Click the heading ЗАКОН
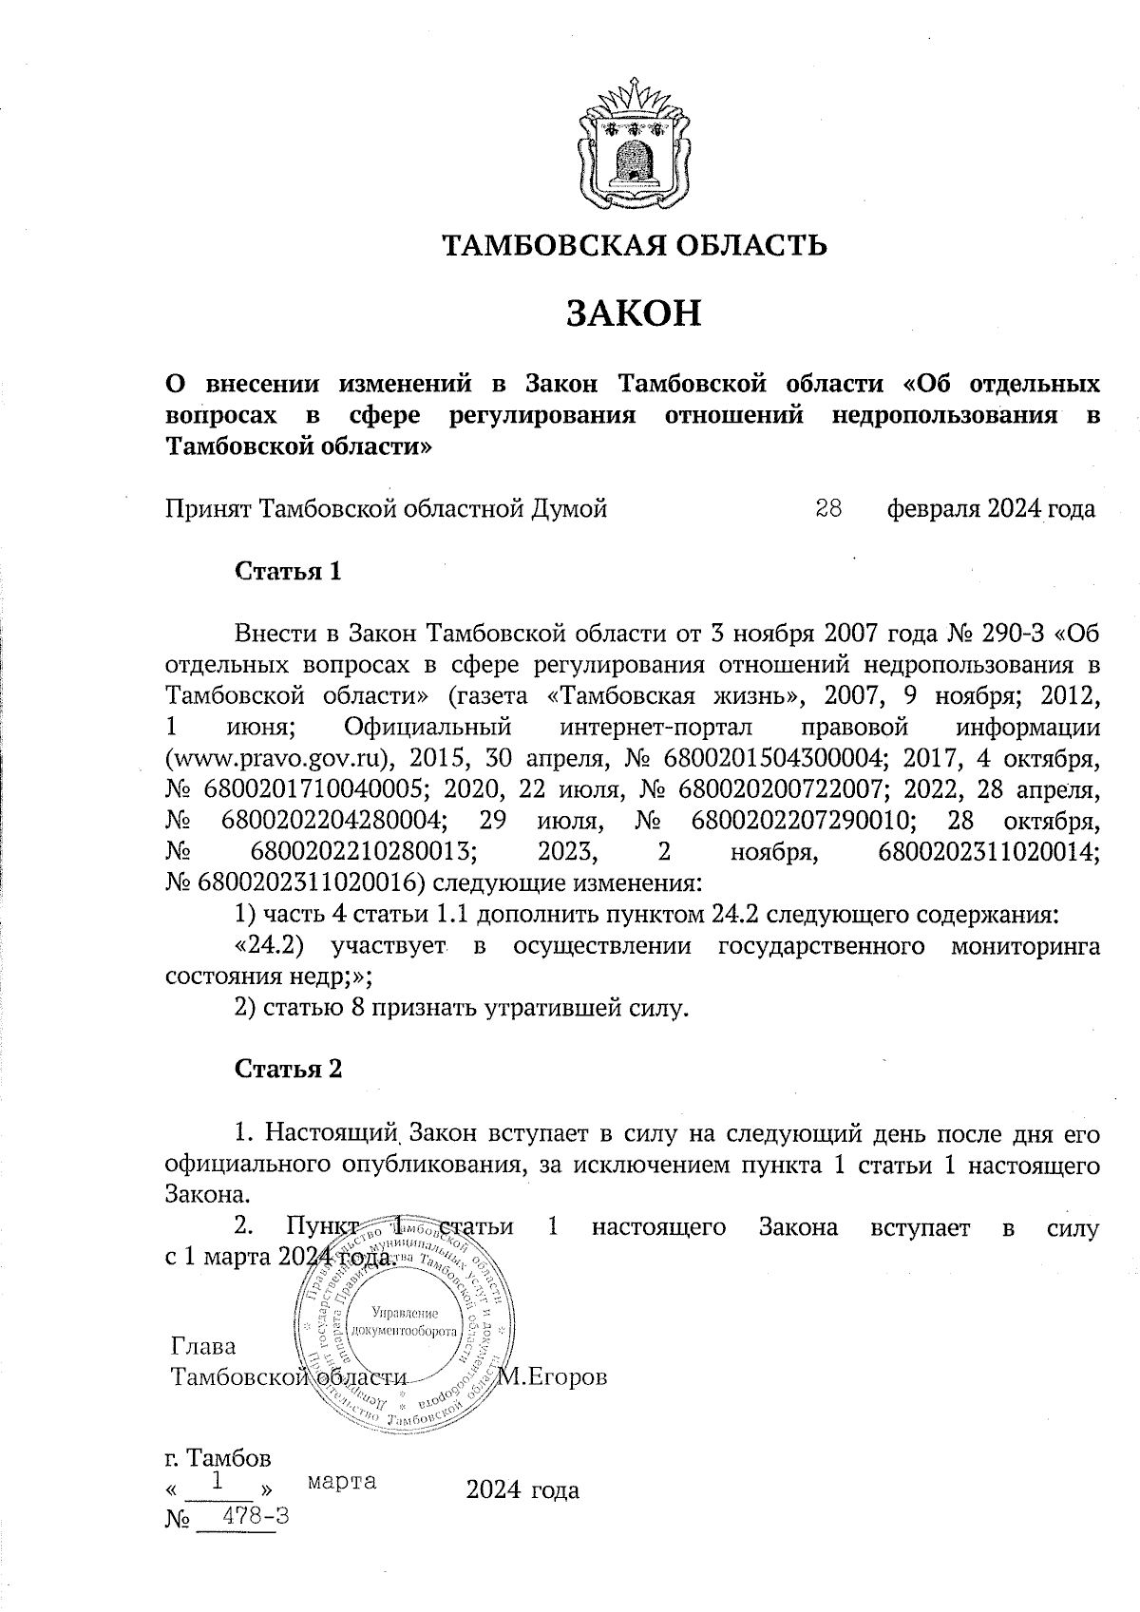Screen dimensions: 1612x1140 pyautogui.click(x=634, y=313)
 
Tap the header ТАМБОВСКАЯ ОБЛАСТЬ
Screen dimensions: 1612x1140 pyautogui.click(x=635, y=246)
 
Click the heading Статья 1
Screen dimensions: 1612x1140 pyautogui.click(x=288, y=572)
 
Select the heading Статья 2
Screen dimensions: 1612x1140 pyautogui.click(x=288, y=1069)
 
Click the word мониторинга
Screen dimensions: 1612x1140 pyautogui.click(x=1026, y=946)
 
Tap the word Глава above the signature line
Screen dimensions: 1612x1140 pyautogui.click(x=203, y=1347)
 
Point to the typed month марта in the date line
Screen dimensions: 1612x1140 pyautogui.click(x=342, y=1481)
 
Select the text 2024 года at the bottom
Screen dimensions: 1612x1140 pyautogui.click(x=522, y=1490)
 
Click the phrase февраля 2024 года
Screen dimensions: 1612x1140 pyautogui.click(x=991, y=509)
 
